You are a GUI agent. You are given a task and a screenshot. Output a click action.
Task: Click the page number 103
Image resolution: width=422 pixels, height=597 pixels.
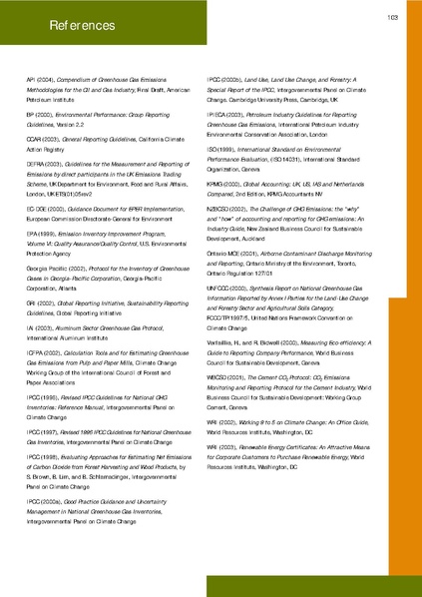click(x=393, y=17)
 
